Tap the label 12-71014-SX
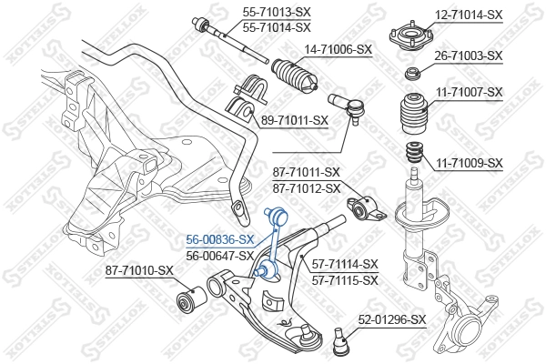pyautogui.click(x=468, y=15)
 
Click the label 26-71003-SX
pyautogui.click(x=468, y=56)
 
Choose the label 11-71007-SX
pyautogui.click(x=468, y=92)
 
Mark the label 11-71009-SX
pyautogui.click(x=468, y=163)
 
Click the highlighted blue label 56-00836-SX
pyautogui.click(x=219, y=239)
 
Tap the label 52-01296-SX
pyautogui.click(x=391, y=319)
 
